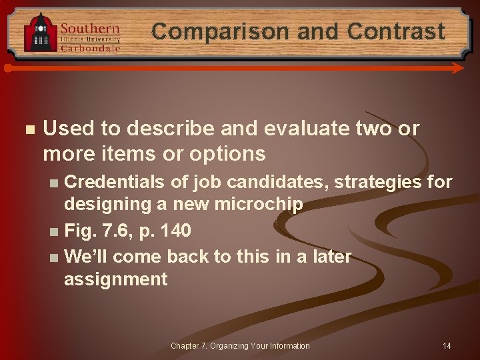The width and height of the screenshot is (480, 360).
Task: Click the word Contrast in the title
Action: [396, 31]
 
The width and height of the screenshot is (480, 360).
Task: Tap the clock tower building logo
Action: [40, 33]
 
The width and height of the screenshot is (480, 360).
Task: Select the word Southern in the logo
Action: [90, 29]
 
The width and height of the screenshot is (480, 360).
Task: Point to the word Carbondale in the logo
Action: [91, 48]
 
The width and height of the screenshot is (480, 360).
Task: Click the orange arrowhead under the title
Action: [457, 68]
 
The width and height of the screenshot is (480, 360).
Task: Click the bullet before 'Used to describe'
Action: [27, 129]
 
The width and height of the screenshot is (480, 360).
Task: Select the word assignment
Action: [116, 279]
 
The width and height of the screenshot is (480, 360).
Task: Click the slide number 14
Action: [447, 345]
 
